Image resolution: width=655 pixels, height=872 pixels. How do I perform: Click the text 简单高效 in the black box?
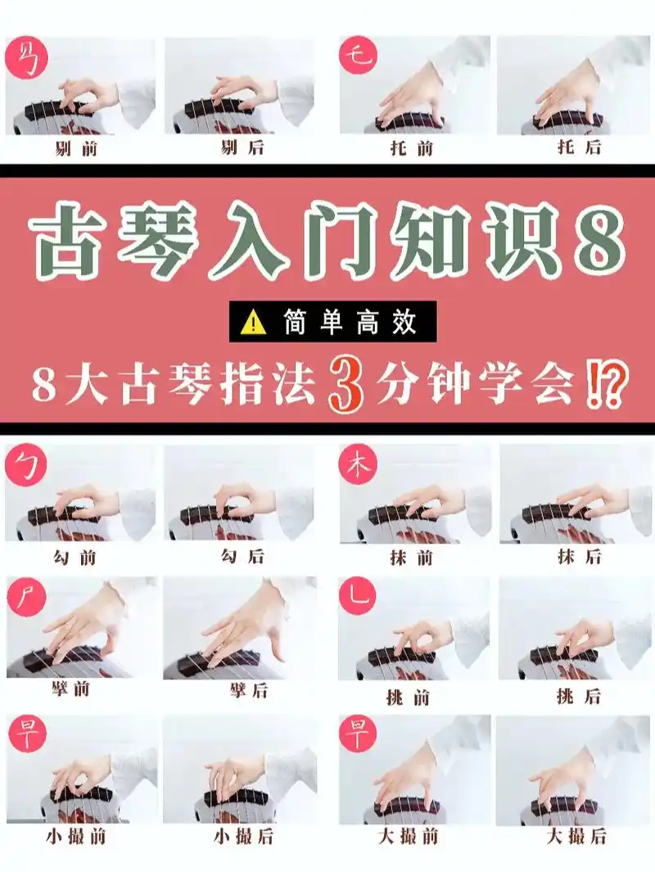pyautogui.click(x=353, y=323)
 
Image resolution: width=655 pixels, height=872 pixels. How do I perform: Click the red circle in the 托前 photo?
pyautogui.click(x=358, y=55)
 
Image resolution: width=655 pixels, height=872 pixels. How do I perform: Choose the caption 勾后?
pyautogui.click(x=243, y=556)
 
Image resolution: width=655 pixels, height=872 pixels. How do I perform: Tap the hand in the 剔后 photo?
pyautogui.click(x=242, y=93)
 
